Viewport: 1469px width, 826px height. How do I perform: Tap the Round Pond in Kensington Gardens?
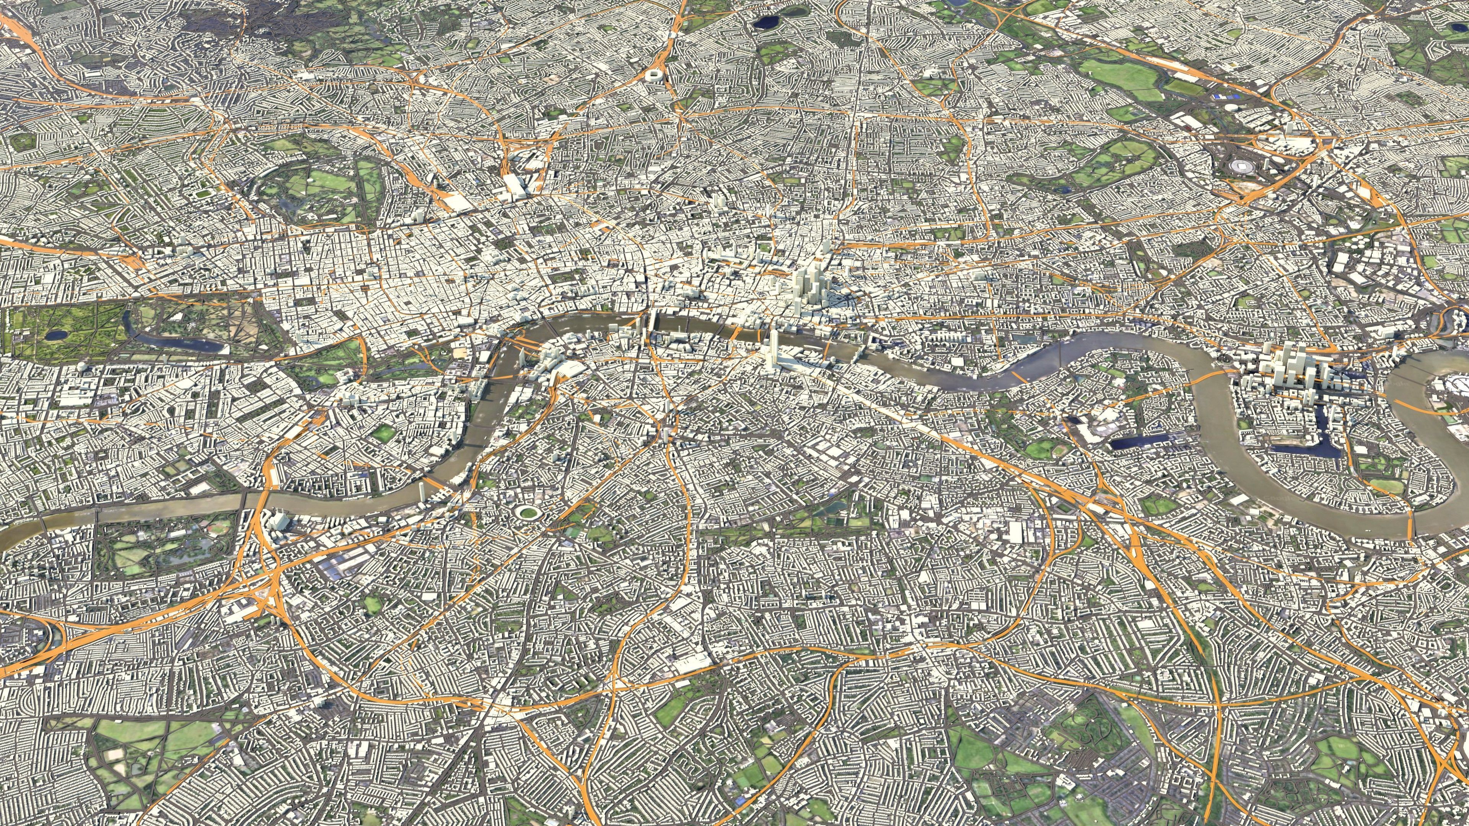click(x=56, y=335)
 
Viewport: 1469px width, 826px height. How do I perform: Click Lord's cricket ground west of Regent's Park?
click(x=202, y=194)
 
